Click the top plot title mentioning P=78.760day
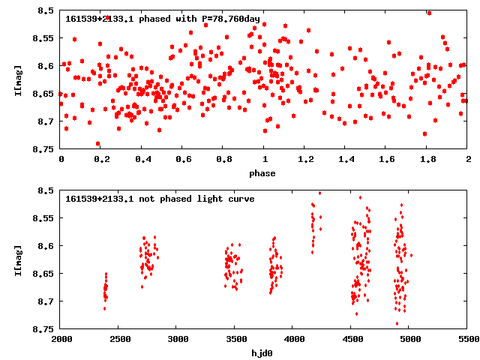coord(163,18)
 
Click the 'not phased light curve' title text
coord(160,199)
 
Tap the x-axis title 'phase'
coord(262,173)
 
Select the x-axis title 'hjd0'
coord(262,353)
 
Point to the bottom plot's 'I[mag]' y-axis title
coord(17,259)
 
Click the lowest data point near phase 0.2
coord(97,143)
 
